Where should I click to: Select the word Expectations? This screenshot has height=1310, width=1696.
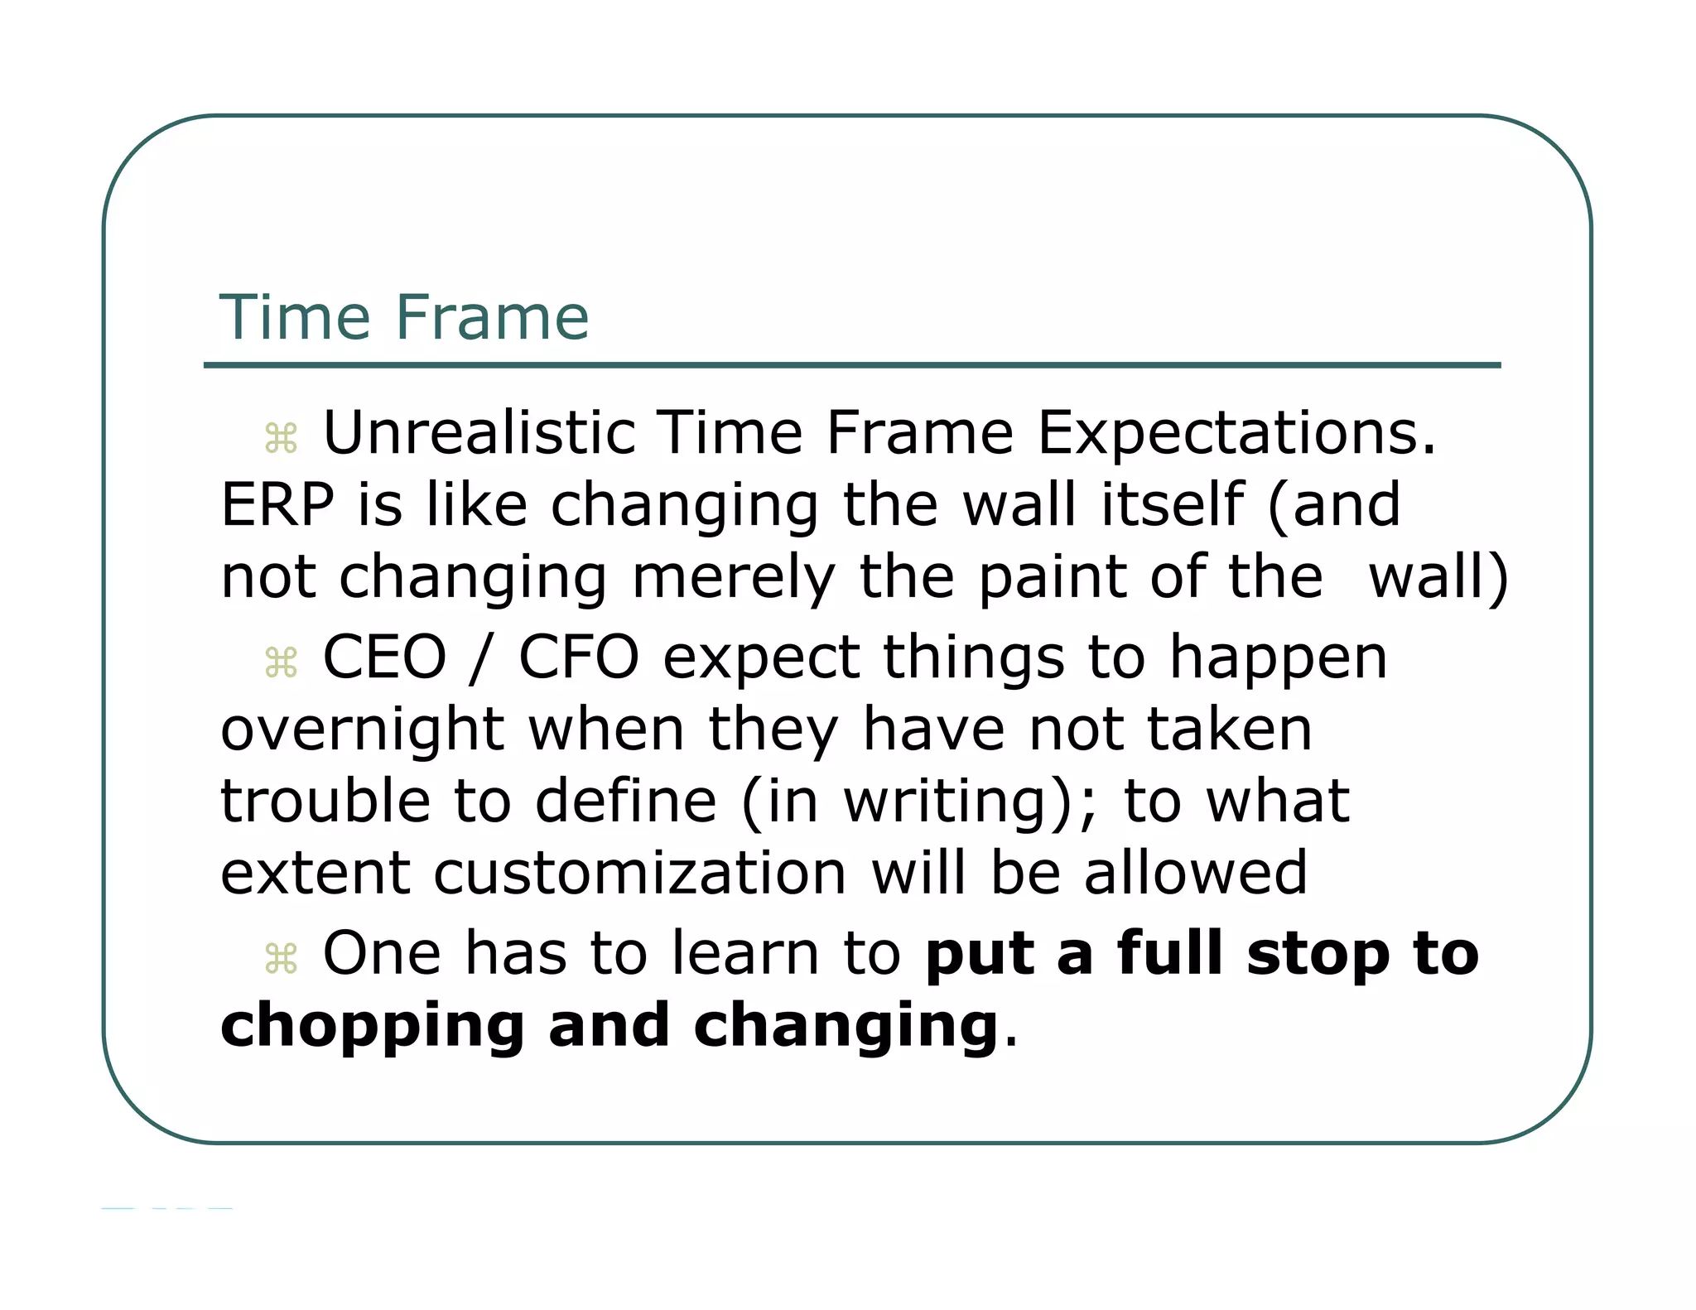1236,433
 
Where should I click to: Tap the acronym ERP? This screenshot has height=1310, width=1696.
277,505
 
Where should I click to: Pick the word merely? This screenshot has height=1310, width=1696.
734,577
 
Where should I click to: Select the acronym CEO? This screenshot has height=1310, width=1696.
384,657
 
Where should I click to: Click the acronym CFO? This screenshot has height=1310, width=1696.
579,657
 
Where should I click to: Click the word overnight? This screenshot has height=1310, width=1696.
363,730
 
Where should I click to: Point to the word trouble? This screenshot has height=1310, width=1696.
325,802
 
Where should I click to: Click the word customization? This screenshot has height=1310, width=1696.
640,874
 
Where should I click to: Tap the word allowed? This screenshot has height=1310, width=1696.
1196,874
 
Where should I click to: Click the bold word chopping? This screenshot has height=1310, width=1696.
373,1027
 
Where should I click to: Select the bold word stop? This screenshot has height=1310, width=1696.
1317,954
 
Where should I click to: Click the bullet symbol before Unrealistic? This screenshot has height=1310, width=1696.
281,439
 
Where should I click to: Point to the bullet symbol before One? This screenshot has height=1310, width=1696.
281,959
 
